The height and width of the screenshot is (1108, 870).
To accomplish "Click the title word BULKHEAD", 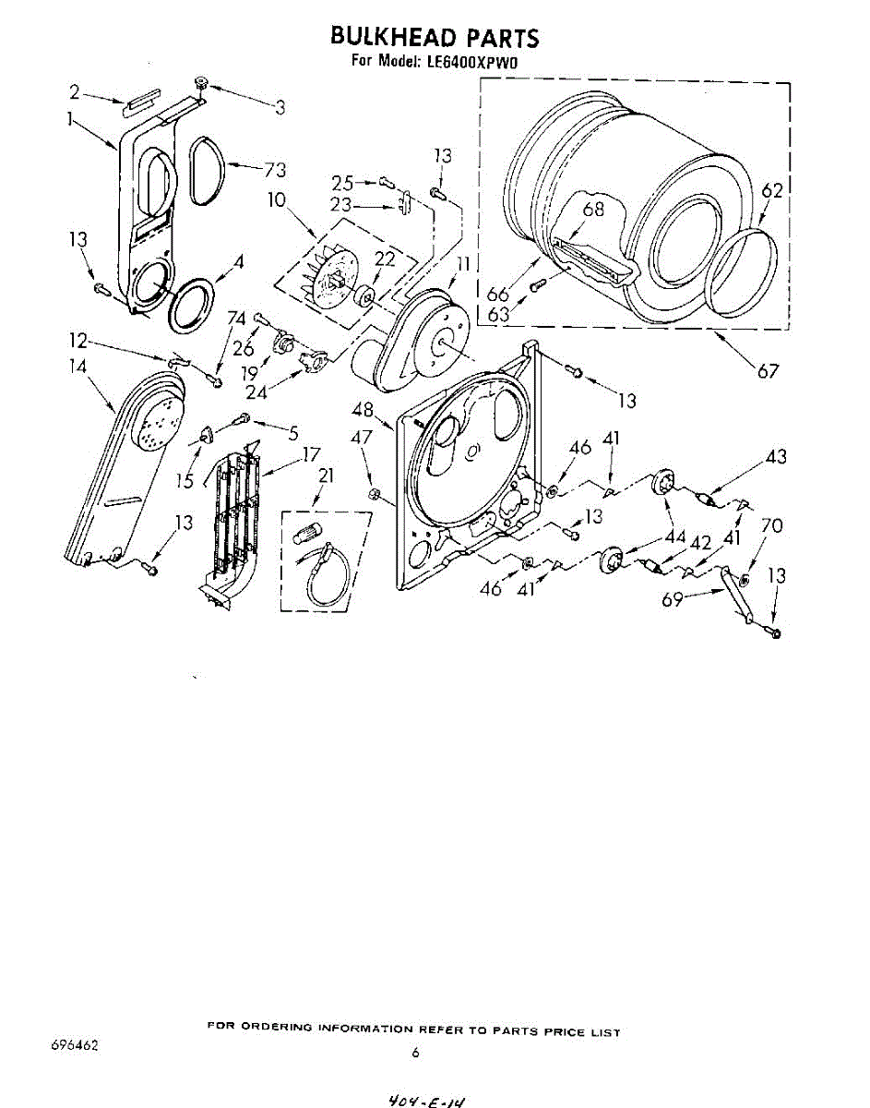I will click(379, 37).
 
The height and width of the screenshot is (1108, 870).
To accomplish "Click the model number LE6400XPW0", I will click(472, 62).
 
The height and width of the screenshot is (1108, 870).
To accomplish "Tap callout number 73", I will click(274, 170).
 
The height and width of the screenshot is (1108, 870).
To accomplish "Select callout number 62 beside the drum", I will click(772, 191).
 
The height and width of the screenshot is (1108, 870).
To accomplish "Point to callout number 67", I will click(768, 371).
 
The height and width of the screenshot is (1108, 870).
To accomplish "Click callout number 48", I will click(363, 410).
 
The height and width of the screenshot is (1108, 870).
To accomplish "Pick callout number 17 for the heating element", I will click(310, 453).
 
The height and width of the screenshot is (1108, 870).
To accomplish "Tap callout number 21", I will click(325, 476).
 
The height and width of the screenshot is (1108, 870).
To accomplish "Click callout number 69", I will click(673, 599).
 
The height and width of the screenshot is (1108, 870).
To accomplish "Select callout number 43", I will click(776, 456).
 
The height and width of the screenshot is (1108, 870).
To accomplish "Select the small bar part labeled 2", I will click(141, 102).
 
